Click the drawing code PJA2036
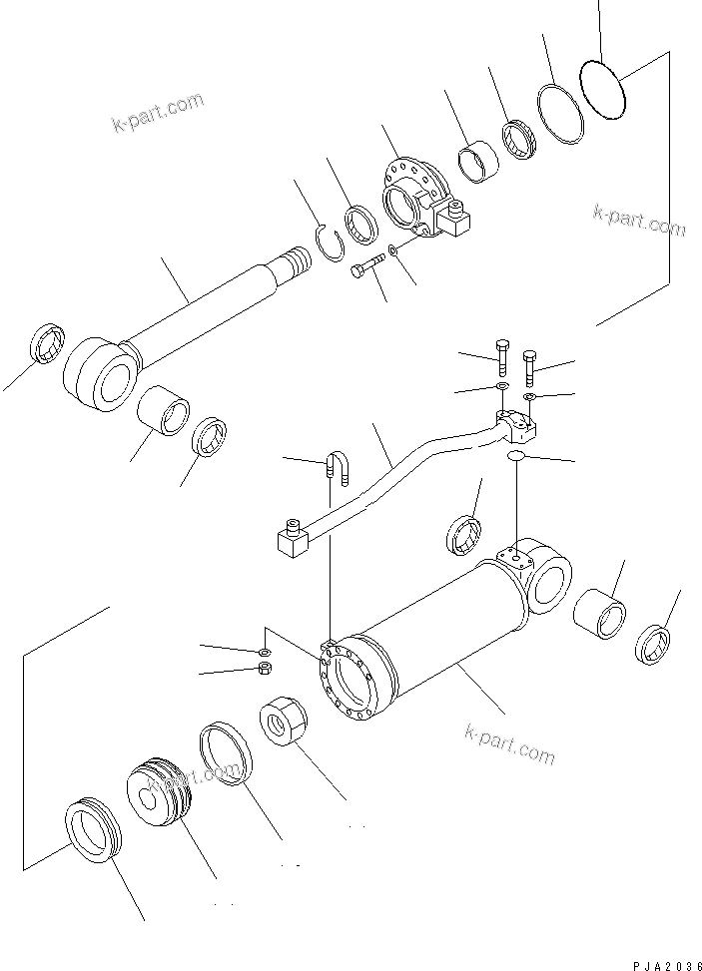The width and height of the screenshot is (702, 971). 666,963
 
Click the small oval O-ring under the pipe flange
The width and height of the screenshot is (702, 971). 515,456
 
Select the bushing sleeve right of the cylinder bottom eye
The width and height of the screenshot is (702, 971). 599,613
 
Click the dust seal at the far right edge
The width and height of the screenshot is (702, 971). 653,645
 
